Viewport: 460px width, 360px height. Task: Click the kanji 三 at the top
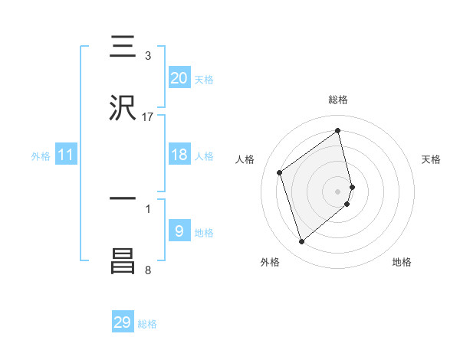point(123,47)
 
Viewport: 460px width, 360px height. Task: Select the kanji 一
point(123,198)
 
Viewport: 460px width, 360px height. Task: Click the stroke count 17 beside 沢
point(148,117)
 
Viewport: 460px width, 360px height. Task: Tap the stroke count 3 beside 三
point(148,56)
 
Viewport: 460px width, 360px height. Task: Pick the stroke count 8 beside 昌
point(148,270)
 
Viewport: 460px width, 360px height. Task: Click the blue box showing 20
point(179,78)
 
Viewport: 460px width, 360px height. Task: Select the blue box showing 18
point(179,155)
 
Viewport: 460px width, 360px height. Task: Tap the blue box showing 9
point(179,231)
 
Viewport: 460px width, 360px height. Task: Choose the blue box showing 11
point(66,155)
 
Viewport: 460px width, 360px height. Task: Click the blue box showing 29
point(123,322)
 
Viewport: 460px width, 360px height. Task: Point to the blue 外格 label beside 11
point(41,156)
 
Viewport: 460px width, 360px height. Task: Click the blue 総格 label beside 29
point(147,324)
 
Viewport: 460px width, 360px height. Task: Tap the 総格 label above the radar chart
point(338,100)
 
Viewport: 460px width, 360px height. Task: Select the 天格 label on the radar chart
point(431,159)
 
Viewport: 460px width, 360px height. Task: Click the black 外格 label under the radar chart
point(270,262)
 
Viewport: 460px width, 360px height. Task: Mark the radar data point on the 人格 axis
point(280,172)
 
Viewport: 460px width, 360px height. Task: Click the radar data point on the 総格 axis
point(338,131)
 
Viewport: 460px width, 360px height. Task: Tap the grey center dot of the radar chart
point(338,190)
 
